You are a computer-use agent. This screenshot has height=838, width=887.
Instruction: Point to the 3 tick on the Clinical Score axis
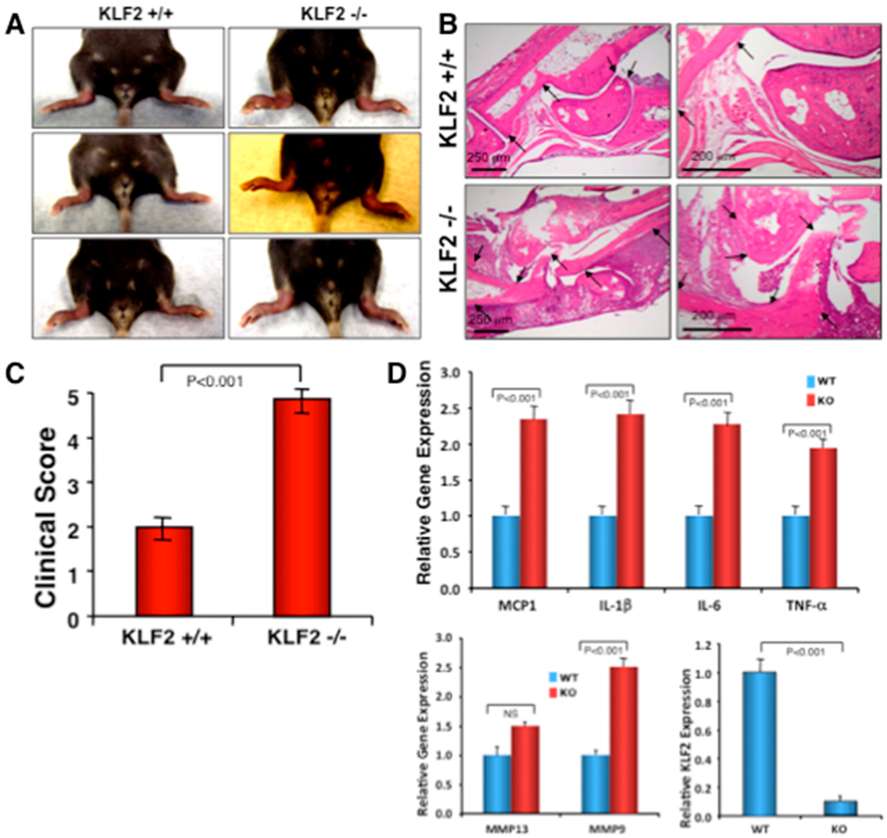pos(84,483)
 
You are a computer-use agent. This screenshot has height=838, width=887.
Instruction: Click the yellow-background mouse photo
pos(325,183)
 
